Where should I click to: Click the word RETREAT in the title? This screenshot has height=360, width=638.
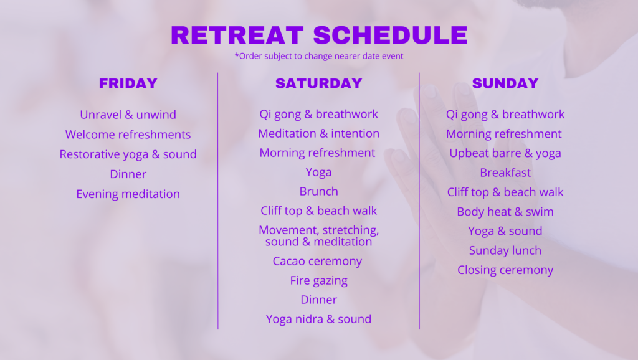[x=237, y=35]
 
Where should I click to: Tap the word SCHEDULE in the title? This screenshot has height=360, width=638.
[x=391, y=35]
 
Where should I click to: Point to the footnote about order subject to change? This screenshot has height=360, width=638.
[x=319, y=56]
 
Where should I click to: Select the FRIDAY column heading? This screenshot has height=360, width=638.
[x=128, y=83]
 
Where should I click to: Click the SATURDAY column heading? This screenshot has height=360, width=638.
[x=319, y=83]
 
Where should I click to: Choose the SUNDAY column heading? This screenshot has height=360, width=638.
[x=505, y=83]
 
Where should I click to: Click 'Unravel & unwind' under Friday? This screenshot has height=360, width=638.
[x=128, y=115]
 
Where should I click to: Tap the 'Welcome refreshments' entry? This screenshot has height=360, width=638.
[x=128, y=135]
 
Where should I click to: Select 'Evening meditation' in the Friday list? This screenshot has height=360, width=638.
[x=128, y=194]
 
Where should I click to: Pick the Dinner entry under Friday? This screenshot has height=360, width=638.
[x=128, y=174]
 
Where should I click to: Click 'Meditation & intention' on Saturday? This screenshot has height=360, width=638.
[x=319, y=133]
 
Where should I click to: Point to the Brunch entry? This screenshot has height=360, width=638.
[x=319, y=191]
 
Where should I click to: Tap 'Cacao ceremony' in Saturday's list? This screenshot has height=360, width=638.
[x=317, y=261]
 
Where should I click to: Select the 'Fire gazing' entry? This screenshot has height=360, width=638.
[x=319, y=281]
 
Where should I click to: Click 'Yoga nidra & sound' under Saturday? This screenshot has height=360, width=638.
[x=319, y=319]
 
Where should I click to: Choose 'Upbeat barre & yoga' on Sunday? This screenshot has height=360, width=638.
[x=505, y=153]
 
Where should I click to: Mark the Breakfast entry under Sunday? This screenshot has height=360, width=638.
[x=505, y=173]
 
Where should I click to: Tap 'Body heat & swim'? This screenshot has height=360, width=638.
[x=505, y=212]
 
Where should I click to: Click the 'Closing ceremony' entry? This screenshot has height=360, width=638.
[x=505, y=270]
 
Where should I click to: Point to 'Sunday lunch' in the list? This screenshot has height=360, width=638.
[x=505, y=250]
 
